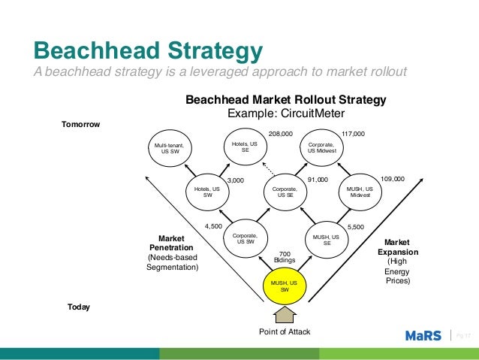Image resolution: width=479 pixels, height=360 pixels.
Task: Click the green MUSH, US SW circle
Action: coord(285,286)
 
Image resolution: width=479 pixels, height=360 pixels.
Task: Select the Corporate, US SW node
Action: coord(245,239)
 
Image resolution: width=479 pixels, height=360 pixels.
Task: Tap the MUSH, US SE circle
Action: coord(327,240)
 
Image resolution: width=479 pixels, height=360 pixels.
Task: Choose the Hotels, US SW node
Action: coord(206,192)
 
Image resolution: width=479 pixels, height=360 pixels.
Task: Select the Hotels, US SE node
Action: coord(245,146)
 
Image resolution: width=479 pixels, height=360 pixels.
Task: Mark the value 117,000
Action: coord(352,133)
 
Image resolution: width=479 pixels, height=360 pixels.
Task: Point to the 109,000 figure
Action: coord(393,180)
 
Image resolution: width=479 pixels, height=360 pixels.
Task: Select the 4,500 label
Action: coord(213,225)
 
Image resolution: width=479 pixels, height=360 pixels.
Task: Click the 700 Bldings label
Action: coord(285,257)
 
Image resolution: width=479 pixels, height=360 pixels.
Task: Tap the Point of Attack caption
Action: coord(285,331)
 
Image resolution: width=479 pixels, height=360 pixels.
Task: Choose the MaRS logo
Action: coord(422,335)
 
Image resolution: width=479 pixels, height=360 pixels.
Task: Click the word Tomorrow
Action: coord(80,124)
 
